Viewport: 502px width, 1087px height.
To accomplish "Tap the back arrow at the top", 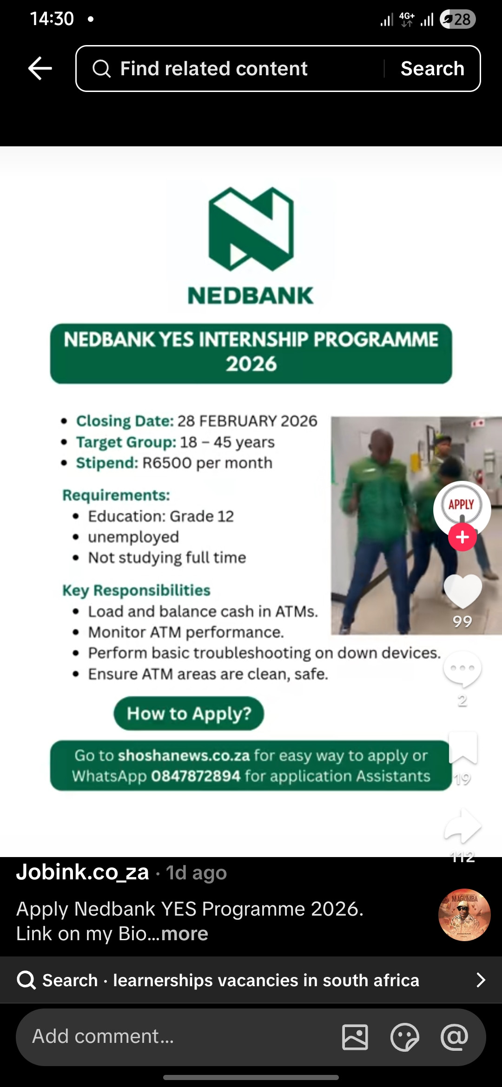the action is [x=40, y=68].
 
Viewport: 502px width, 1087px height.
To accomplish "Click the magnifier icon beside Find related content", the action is [x=101, y=69].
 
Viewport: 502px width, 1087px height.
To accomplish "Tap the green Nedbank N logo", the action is [x=251, y=229].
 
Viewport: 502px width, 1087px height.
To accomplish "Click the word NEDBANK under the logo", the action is [x=251, y=296].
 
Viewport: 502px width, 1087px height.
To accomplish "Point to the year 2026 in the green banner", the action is [x=251, y=364].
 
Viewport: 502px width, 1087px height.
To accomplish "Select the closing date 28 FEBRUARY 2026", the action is [x=247, y=421].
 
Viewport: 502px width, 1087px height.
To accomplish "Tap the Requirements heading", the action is [x=116, y=495].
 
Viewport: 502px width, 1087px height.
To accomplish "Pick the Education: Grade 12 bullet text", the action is [x=161, y=516].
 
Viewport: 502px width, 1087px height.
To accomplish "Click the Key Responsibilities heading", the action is [x=137, y=590].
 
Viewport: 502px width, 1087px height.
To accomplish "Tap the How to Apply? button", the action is [x=189, y=714].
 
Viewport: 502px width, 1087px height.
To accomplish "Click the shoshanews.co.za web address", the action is [x=184, y=755].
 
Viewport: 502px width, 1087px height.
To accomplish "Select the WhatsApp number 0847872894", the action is [x=196, y=776].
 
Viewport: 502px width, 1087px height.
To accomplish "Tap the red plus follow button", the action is [x=462, y=537].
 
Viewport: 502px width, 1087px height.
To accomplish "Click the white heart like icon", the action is [x=462, y=591].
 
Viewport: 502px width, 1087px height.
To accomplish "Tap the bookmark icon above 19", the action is [x=463, y=747].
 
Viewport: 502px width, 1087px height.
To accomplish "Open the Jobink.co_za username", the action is [x=83, y=872].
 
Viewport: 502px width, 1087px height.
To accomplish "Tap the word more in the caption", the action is [x=185, y=933].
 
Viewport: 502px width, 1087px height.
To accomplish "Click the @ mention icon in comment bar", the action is [x=454, y=1037].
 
